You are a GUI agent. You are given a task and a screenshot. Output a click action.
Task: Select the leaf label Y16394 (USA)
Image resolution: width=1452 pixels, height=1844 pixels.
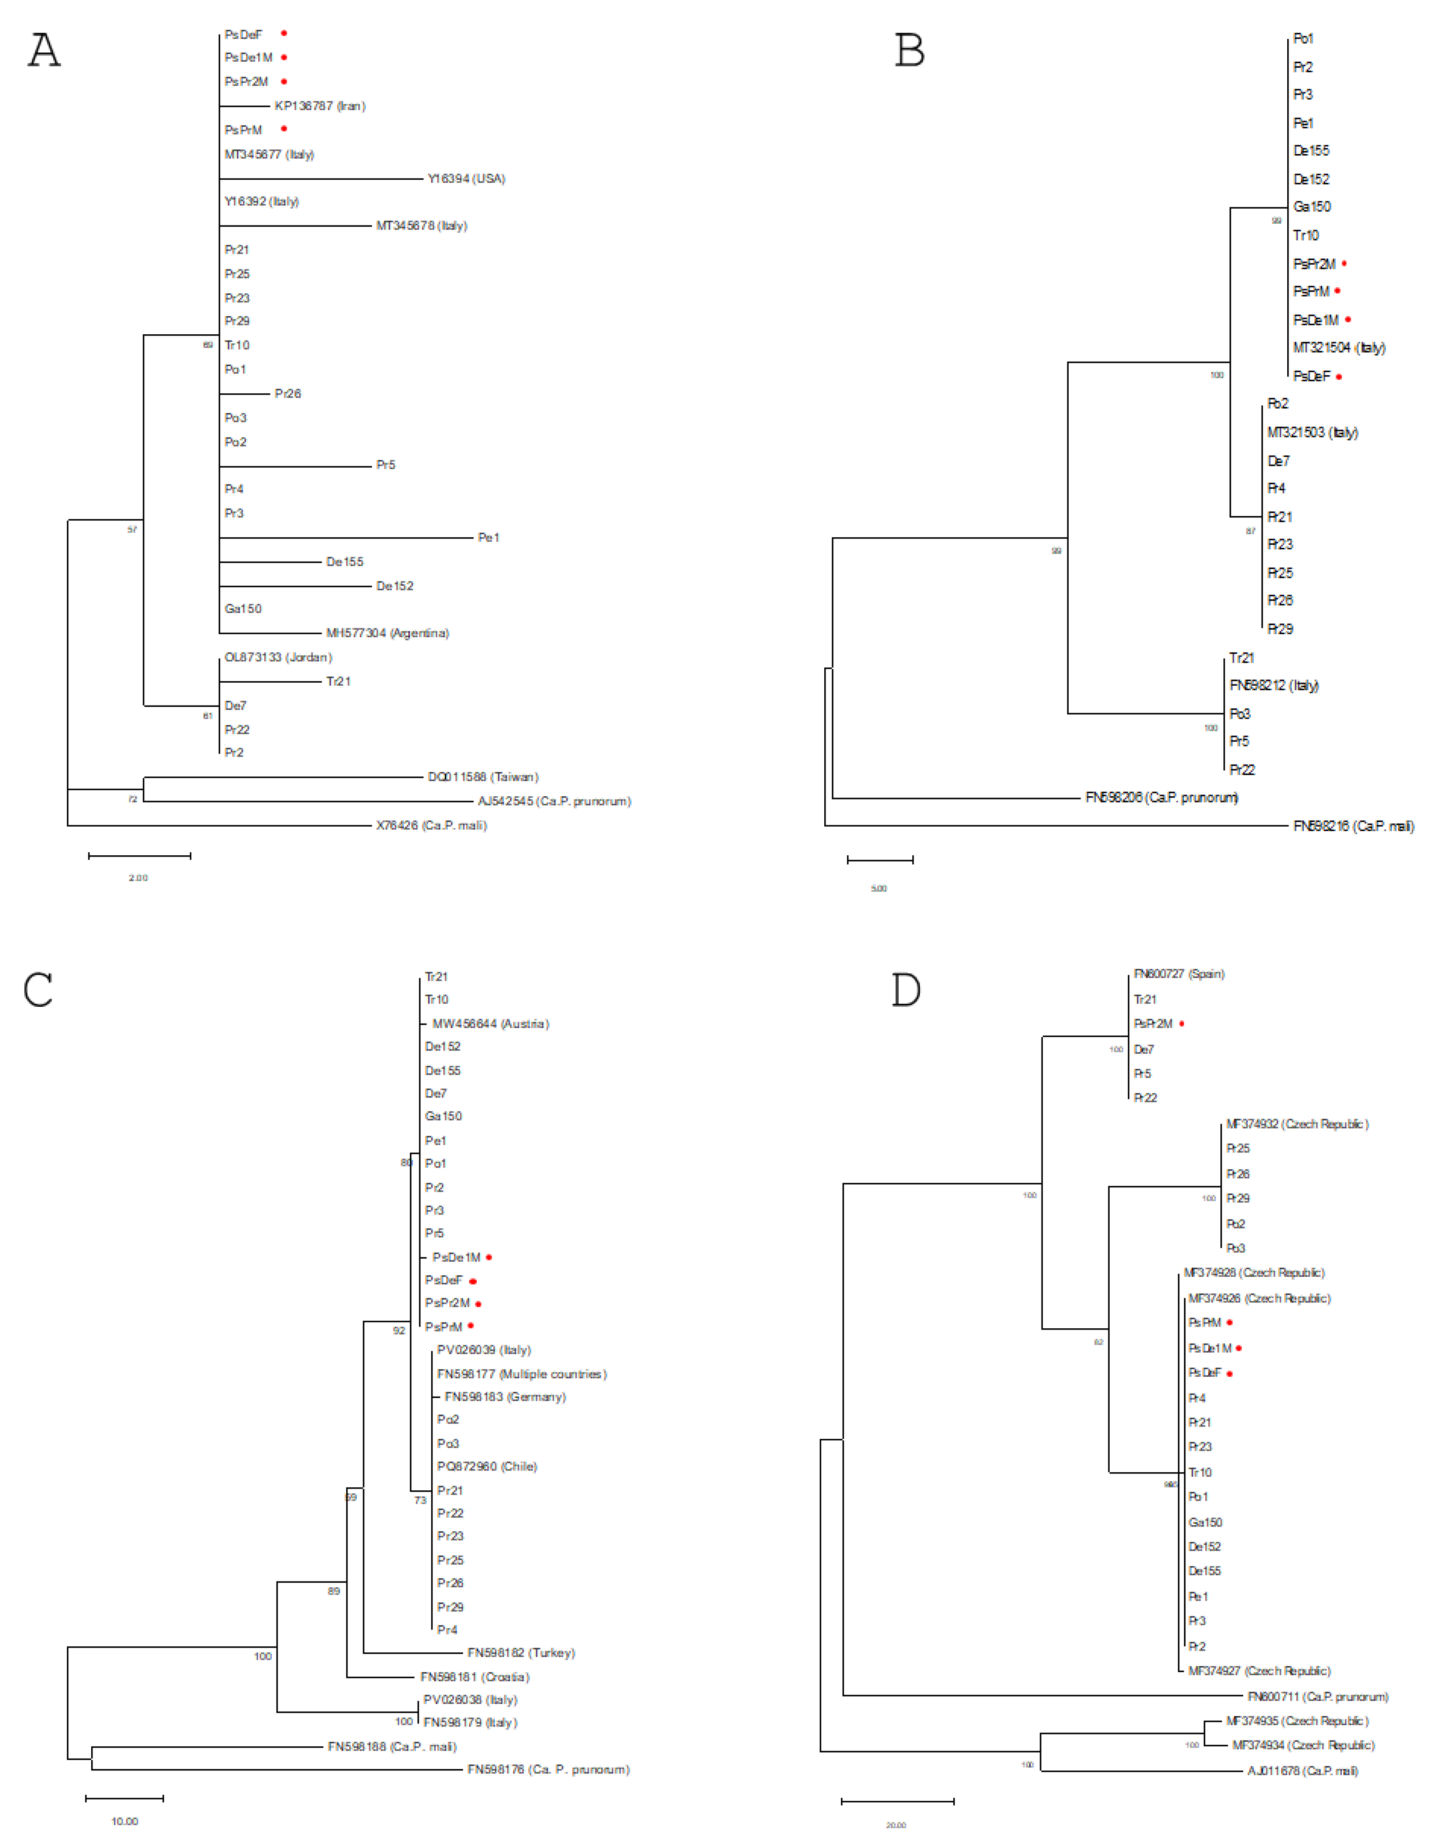click(466, 178)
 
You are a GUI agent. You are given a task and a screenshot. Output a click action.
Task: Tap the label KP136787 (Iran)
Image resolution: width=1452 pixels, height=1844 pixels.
click(320, 106)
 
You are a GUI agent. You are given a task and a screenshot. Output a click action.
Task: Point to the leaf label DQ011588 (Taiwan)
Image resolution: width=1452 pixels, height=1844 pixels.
click(483, 777)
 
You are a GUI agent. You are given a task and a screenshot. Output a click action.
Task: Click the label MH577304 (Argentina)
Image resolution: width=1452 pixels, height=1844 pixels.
click(388, 633)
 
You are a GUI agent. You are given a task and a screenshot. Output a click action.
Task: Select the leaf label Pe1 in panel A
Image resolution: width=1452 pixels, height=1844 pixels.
click(489, 537)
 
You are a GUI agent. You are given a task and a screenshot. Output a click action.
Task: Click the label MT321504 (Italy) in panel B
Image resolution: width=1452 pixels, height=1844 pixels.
click(1339, 347)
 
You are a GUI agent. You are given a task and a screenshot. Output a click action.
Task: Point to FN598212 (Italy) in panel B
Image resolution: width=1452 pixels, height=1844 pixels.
click(1274, 685)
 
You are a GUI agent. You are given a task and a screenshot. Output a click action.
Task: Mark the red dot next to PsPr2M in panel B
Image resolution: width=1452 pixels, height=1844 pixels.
click(1344, 263)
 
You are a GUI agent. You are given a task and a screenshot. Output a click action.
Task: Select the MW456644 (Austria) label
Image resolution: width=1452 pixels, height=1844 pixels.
click(490, 1024)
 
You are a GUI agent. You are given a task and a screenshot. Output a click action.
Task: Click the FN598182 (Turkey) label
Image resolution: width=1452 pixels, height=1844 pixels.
click(521, 1653)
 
